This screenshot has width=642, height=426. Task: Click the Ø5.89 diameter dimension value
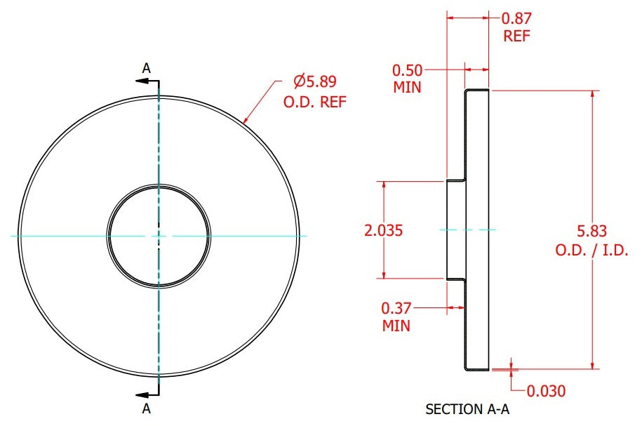pos(315,81)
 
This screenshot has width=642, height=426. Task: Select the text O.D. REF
pos(315,102)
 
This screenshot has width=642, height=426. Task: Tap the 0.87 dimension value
pos(516,18)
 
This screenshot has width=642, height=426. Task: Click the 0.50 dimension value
pos(407,70)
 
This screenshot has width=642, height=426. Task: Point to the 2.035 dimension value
pos(383,230)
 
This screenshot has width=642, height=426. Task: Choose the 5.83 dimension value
pos(591,231)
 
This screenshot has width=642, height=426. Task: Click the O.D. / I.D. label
pos(591,250)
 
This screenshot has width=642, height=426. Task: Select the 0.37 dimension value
pos(396,308)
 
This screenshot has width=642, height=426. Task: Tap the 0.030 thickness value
pos(546,391)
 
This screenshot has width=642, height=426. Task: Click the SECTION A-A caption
pos(467,408)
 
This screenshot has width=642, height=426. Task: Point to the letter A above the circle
pos(146,68)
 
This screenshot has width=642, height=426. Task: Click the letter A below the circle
pos(146,408)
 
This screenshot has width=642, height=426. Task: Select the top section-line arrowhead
pos(142,81)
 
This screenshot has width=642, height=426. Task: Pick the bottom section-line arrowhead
pos(142,395)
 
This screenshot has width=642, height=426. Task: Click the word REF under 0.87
pos(516,36)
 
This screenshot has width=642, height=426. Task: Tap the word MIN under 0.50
pos(407,87)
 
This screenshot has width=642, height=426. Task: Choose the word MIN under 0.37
pos(396,326)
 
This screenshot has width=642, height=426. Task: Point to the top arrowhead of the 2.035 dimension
pos(384,186)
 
